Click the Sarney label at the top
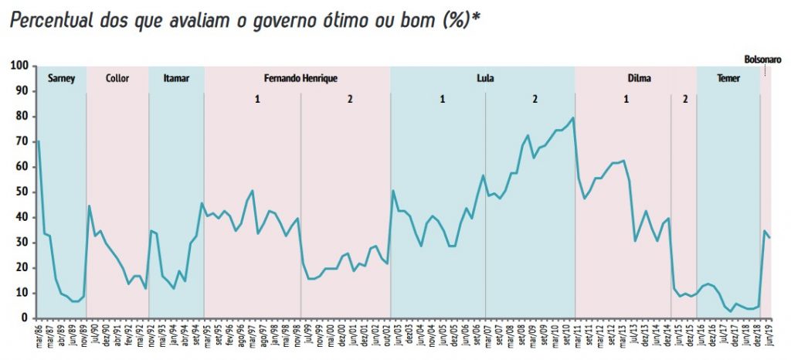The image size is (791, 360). (61, 78)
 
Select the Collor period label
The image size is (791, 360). (117, 78)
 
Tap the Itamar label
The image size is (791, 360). (176, 78)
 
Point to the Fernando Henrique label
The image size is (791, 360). (300, 78)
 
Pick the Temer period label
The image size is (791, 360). (728, 78)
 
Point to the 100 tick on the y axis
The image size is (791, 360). (19, 66)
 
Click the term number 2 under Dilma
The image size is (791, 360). (684, 99)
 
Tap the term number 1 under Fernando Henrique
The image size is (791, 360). (257, 99)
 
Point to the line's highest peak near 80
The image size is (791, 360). (572, 118)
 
